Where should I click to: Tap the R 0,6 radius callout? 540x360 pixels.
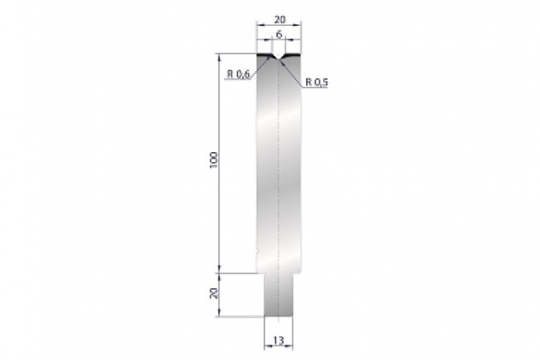pos(238,75)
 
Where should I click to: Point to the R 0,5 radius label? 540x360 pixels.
pos(317,82)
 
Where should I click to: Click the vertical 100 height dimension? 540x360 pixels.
pos(212,159)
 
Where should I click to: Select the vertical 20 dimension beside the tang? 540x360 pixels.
pos(212,292)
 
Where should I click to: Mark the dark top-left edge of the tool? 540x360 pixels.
pos(263,57)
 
